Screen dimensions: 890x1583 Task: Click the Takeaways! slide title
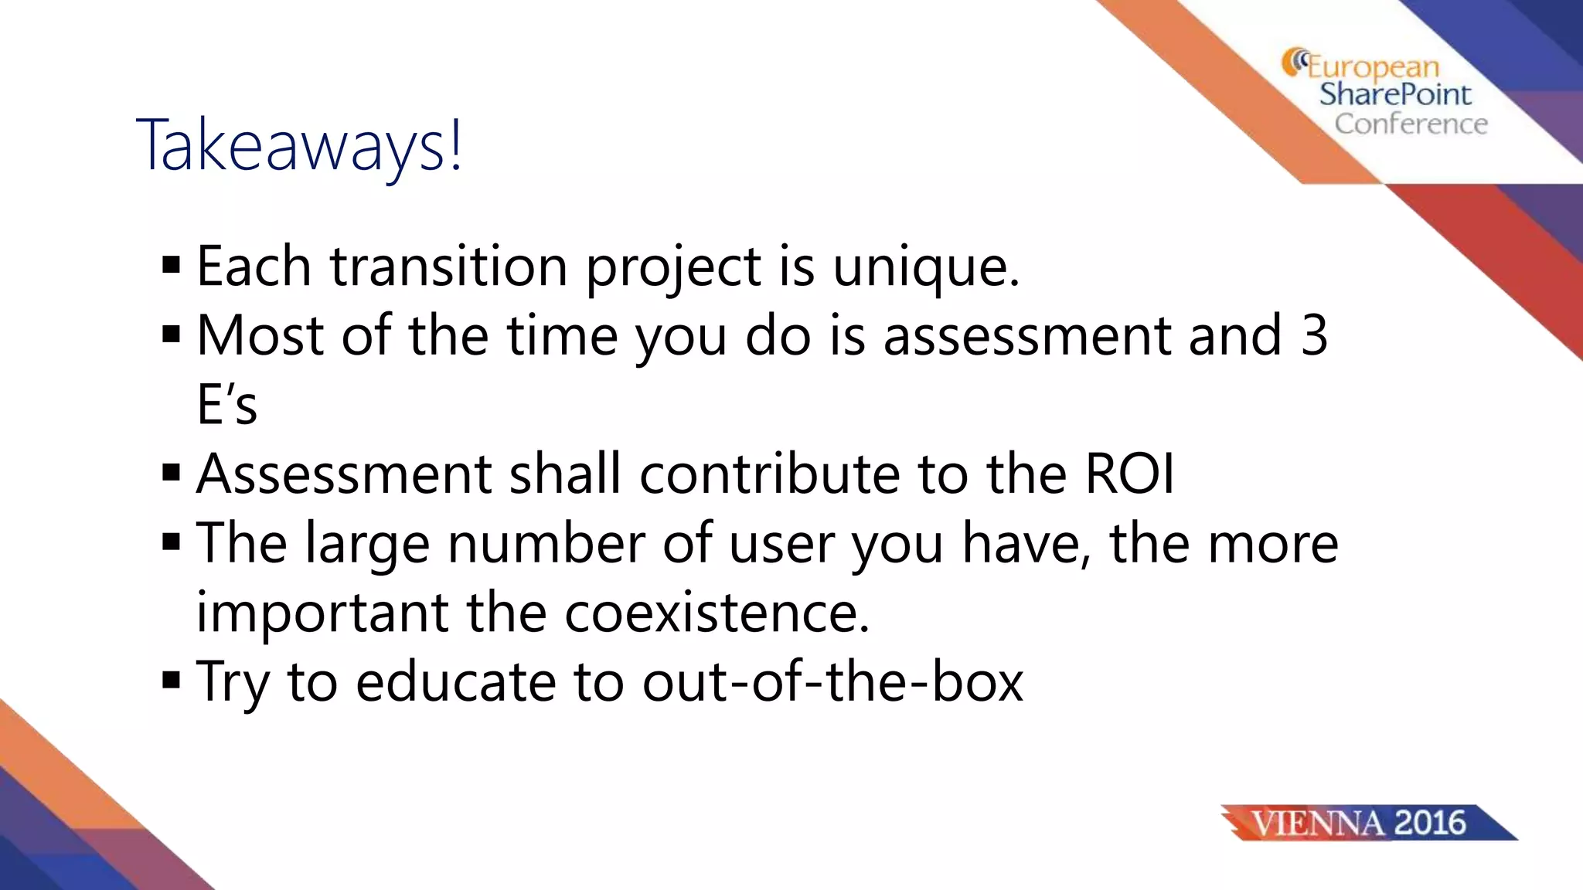click(300, 144)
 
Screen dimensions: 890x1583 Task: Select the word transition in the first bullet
click(449, 267)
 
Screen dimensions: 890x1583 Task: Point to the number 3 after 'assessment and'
click(1313, 335)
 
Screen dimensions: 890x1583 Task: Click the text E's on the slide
click(226, 404)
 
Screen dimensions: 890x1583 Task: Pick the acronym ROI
click(1129, 474)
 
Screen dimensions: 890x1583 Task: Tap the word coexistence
click(717, 612)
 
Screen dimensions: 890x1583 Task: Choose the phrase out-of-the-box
click(832, 681)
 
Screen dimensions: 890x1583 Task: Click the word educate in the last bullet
click(455, 681)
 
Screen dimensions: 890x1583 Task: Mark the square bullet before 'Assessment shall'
click(172, 473)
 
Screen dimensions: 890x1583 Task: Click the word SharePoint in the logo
click(1395, 94)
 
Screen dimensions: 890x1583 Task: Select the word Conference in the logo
click(1411, 124)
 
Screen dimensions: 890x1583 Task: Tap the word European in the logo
click(1373, 67)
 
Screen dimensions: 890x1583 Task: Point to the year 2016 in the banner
click(1430, 823)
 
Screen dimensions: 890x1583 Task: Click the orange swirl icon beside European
click(1294, 62)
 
